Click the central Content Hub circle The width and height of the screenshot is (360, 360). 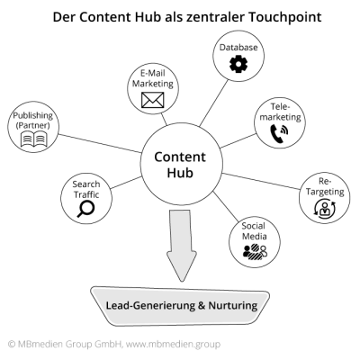(x=180, y=163)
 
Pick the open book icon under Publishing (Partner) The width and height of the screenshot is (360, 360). (x=34, y=139)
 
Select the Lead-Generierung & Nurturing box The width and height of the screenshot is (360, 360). (x=179, y=305)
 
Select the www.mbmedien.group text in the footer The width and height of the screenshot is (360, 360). (x=175, y=343)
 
